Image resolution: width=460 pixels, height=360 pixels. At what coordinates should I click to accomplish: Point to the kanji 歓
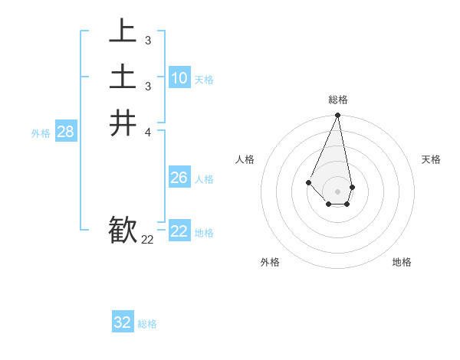click(123, 230)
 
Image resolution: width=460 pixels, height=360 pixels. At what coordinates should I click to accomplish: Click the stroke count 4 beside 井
click(147, 133)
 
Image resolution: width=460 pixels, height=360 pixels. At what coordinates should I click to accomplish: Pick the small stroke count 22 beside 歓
click(147, 240)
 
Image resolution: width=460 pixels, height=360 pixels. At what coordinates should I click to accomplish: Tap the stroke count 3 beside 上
click(147, 40)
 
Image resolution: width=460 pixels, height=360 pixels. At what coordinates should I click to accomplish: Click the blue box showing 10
click(179, 77)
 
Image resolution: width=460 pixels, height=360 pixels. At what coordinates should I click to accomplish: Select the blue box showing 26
click(179, 178)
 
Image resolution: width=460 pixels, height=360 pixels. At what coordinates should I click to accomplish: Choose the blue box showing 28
click(65, 132)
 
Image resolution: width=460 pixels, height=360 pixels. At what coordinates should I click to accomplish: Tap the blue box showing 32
click(123, 322)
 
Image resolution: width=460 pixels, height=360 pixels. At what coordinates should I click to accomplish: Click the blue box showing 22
click(179, 231)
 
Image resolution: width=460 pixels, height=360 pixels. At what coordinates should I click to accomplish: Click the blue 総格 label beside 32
click(147, 324)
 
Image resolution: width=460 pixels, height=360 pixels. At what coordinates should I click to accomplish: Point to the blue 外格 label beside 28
click(41, 133)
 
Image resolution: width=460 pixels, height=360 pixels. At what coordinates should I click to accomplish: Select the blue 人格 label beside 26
click(204, 179)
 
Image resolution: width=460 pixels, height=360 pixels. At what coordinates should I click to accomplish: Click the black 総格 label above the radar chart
click(338, 100)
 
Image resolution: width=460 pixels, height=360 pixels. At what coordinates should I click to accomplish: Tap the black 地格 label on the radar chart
click(402, 262)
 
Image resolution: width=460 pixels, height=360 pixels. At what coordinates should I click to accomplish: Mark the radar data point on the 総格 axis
click(338, 116)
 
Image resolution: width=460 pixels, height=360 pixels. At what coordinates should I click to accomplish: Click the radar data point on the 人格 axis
click(308, 182)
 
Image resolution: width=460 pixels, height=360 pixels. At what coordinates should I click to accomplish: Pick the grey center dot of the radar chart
click(338, 191)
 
